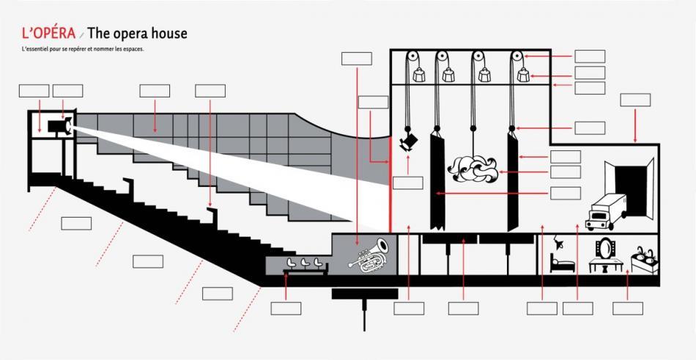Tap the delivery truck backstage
point(605,212)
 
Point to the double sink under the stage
point(645,260)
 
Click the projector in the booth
point(59,126)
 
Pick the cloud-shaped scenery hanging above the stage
point(473,168)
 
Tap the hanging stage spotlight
point(408,142)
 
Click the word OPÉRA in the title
point(48,33)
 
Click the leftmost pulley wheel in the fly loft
point(412,56)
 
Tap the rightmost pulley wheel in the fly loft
point(517,56)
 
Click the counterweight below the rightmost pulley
point(524,75)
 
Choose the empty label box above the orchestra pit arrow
point(357,59)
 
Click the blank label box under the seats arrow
point(286,309)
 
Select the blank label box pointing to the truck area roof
point(635,100)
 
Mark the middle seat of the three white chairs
point(305,262)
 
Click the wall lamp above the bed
point(557,243)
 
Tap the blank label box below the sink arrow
point(628,309)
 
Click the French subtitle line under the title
point(83,48)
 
